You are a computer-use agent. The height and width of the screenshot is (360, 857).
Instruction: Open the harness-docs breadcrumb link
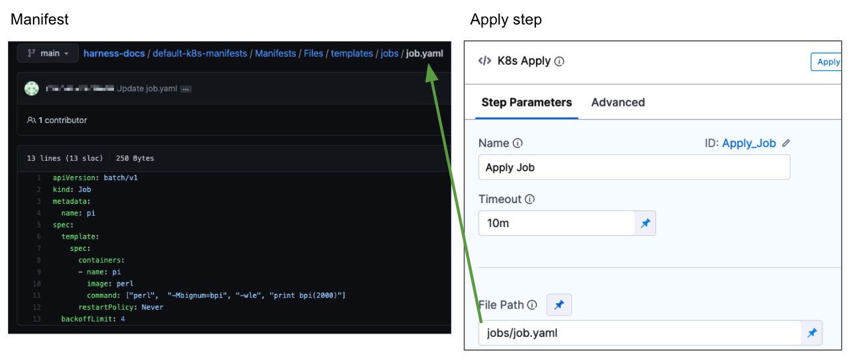pyautogui.click(x=114, y=54)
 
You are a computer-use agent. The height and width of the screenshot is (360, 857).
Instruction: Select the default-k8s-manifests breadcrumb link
pyautogui.click(x=200, y=54)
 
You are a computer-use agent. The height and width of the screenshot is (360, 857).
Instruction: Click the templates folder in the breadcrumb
pyautogui.click(x=351, y=54)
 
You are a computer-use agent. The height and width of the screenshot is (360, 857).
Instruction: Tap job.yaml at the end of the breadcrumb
pyautogui.click(x=424, y=54)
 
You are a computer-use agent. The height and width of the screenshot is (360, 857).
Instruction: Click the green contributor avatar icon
pyautogui.click(x=32, y=89)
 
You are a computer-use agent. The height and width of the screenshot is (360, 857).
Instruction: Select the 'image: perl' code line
pyautogui.click(x=110, y=284)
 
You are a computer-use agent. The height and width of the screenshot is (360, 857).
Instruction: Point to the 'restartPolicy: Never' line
pyautogui.click(x=120, y=307)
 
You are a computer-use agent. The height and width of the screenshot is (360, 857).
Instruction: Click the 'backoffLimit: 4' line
pyautogui.click(x=93, y=319)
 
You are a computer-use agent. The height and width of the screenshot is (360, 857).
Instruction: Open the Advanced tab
pyautogui.click(x=617, y=103)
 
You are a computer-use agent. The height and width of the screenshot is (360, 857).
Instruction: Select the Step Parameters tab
pyautogui.click(x=526, y=103)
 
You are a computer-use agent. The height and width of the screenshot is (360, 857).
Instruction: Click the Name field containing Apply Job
pyautogui.click(x=633, y=167)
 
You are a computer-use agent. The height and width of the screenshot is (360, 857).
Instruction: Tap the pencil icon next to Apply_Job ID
pyautogui.click(x=786, y=143)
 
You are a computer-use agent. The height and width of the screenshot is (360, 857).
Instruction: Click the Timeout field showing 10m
pyautogui.click(x=556, y=223)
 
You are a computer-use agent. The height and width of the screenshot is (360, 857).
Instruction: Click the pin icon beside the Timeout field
pyautogui.click(x=645, y=224)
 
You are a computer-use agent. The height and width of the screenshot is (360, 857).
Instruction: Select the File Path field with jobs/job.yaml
pyautogui.click(x=639, y=333)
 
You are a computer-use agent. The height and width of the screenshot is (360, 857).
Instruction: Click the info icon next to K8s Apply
pyautogui.click(x=559, y=62)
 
